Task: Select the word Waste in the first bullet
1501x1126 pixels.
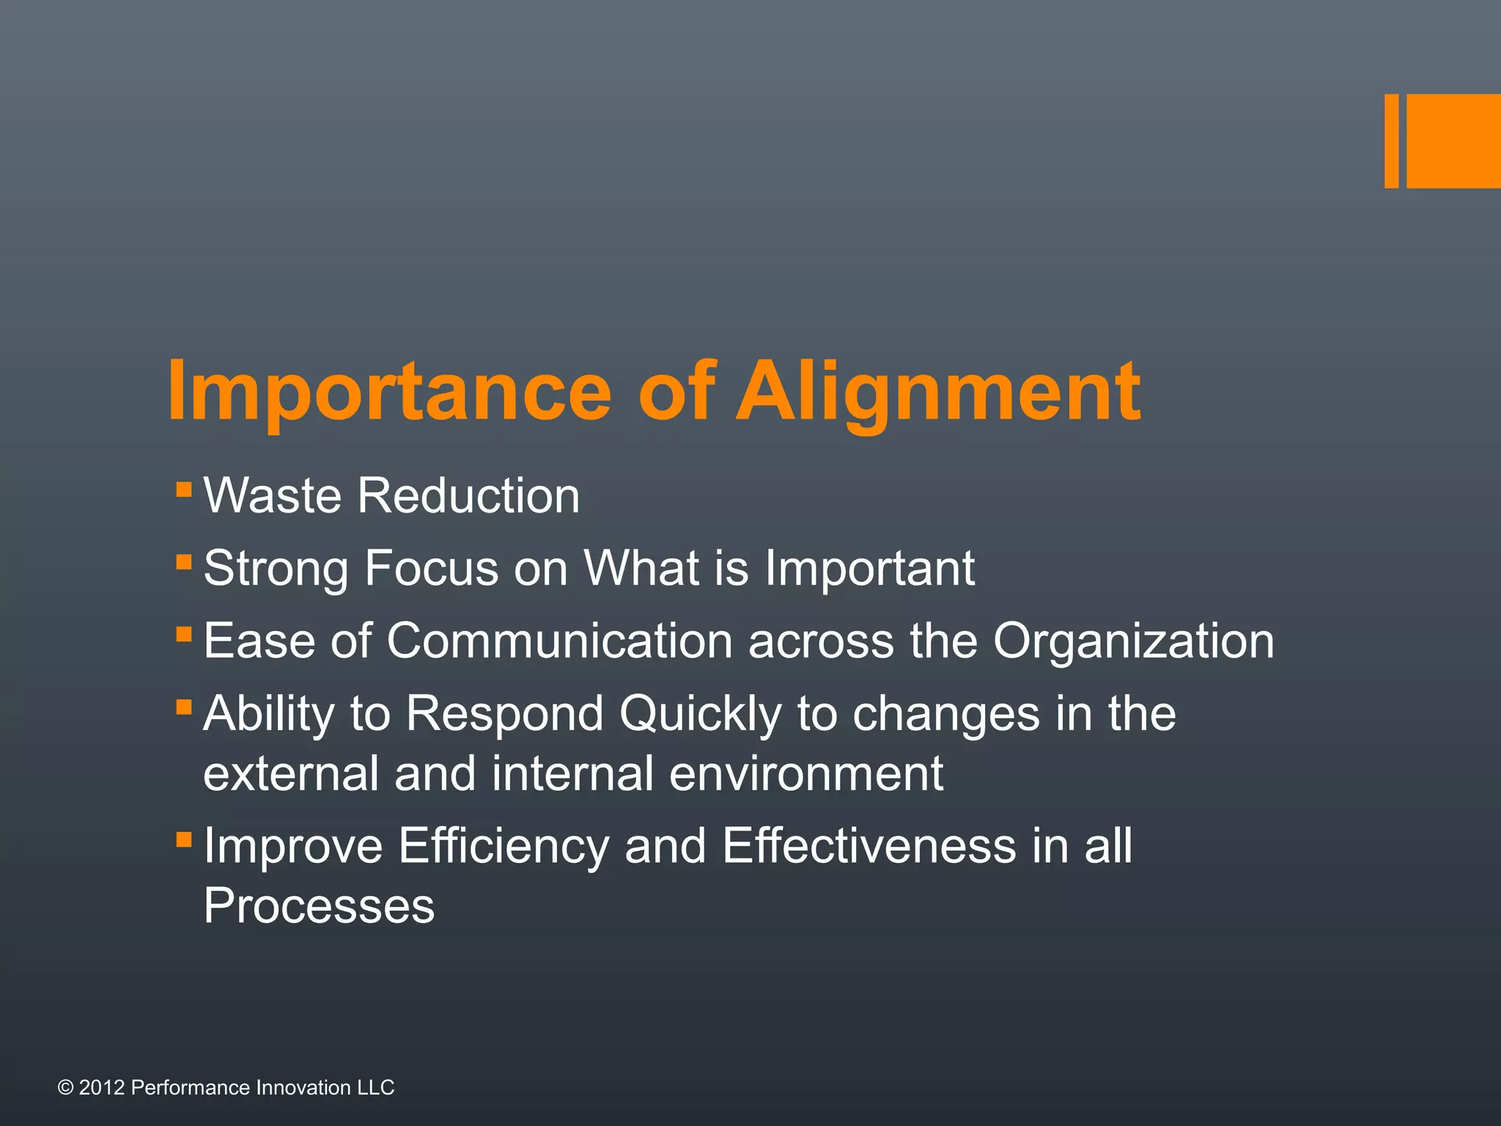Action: pyautogui.click(x=272, y=496)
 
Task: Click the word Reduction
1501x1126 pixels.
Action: pyautogui.click(x=468, y=496)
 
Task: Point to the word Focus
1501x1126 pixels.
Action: pyautogui.click(x=431, y=568)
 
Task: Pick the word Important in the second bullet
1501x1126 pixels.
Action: pyautogui.click(x=869, y=568)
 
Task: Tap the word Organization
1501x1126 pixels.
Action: pyautogui.click(x=1133, y=641)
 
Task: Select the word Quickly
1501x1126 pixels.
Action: pyautogui.click(x=701, y=713)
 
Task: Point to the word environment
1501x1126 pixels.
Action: pyautogui.click(x=806, y=773)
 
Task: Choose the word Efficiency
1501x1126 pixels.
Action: pyautogui.click(x=504, y=845)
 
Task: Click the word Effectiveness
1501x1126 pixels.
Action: pyautogui.click(x=869, y=845)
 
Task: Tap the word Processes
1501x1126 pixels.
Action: pyautogui.click(x=319, y=906)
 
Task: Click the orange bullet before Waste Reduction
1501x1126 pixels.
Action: pyautogui.click(x=184, y=489)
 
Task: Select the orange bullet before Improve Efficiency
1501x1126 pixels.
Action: pyautogui.click(x=184, y=839)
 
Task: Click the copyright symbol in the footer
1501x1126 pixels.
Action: pyautogui.click(x=65, y=1088)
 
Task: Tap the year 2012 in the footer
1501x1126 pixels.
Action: pyautogui.click(x=101, y=1088)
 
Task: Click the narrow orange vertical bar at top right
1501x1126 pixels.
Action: pyautogui.click(x=1391, y=141)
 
